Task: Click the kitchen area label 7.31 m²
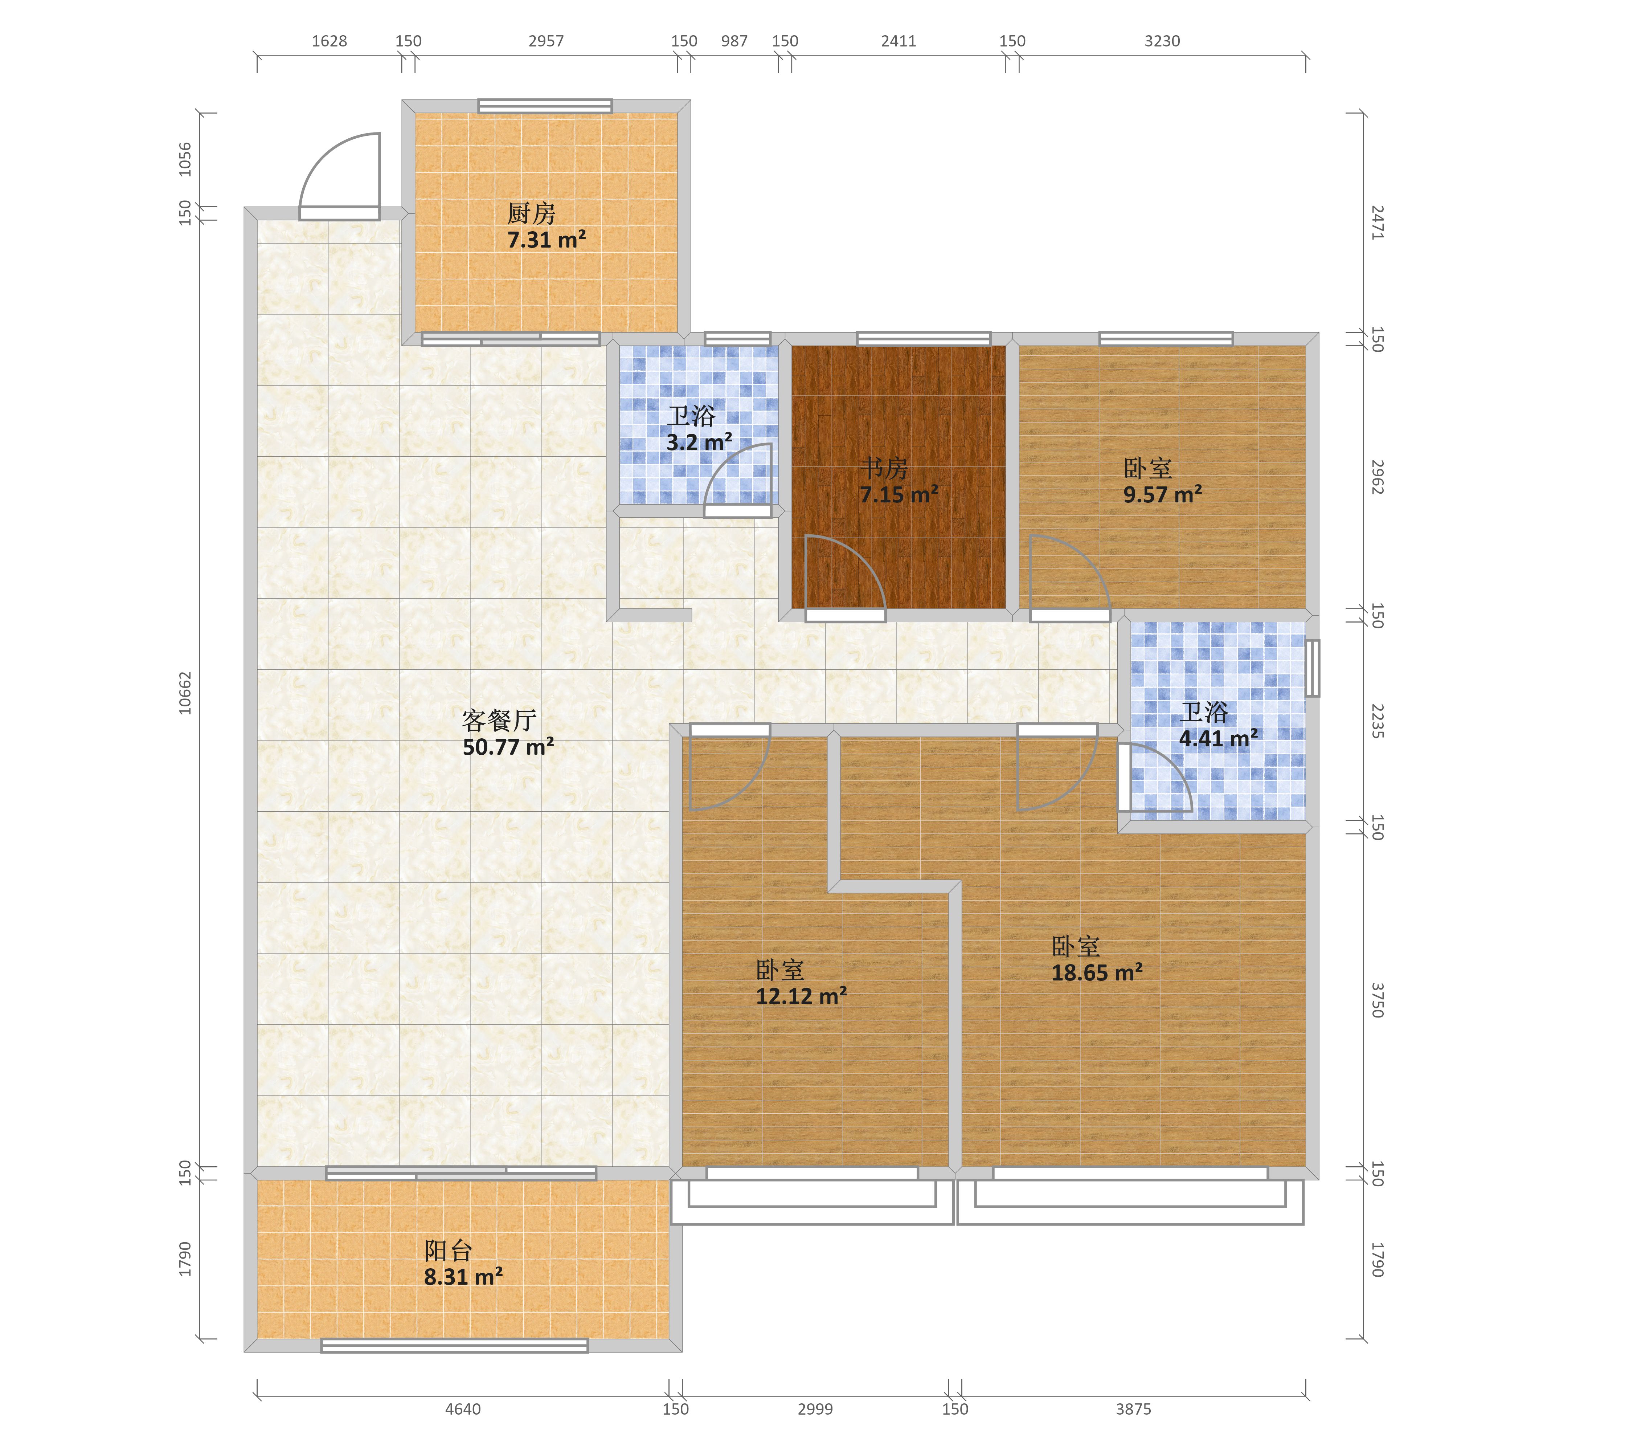(547, 240)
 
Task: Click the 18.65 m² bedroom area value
(1097, 972)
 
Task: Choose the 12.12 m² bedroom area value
(801, 996)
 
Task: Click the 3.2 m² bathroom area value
(699, 442)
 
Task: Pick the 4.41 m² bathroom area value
(1218, 738)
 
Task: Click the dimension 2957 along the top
(547, 41)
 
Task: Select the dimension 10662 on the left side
(185, 692)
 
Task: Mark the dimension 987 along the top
(734, 41)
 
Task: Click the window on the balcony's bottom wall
(455, 1346)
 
